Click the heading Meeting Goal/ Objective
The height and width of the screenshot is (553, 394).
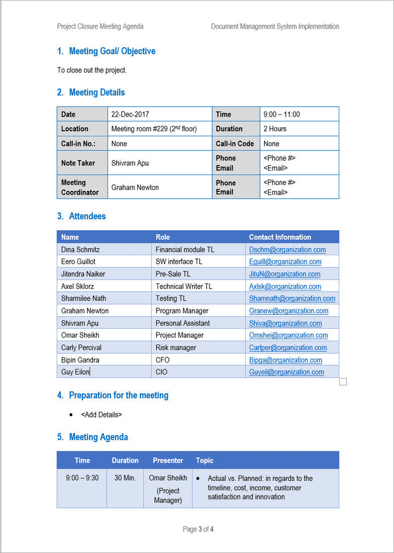(x=112, y=51)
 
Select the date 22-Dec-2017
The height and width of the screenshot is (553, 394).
(x=130, y=114)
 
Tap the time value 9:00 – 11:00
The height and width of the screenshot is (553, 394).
(x=281, y=114)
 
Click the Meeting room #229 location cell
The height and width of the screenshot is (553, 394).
(x=154, y=129)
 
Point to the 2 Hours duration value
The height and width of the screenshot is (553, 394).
(x=275, y=129)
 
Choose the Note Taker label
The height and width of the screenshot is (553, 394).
(x=78, y=163)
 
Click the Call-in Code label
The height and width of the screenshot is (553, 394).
(x=235, y=144)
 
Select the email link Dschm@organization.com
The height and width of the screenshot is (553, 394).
(x=287, y=250)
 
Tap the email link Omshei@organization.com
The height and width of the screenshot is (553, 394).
(x=288, y=335)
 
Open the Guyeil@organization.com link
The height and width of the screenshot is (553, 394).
(x=286, y=372)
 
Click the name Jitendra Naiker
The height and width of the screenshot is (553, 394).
(x=83, y=274)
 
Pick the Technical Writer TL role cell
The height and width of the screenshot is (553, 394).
(x=184, y=287)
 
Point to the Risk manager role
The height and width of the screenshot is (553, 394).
(x=176, y=348)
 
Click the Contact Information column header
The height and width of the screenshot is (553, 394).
(x=280, y=237)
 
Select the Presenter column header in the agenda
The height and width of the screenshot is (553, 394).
(x=168, y=461)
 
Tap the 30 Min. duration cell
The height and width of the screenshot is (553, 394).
(x=125, y=478)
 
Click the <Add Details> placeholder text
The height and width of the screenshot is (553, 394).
(x=101, y=415)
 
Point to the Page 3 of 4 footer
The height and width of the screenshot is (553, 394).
(x=198, y=529)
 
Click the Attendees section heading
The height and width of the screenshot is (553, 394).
(x=87, y=217)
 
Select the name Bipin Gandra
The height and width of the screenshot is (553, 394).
(x=80, y=360)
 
